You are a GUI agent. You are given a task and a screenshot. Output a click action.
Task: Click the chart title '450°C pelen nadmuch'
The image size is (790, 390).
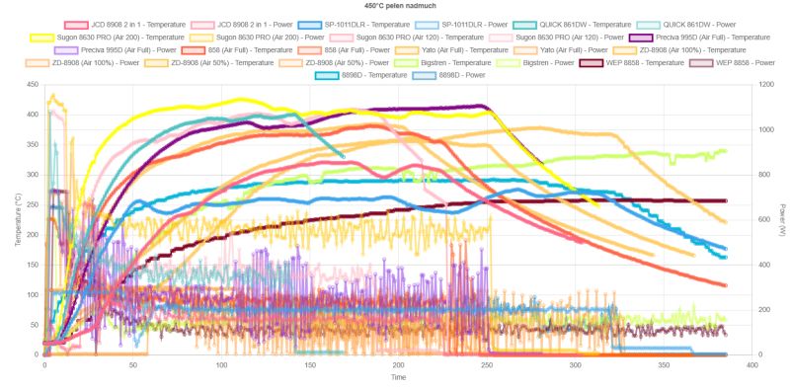point(394,6)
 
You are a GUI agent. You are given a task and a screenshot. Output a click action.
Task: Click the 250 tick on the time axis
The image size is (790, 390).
point(487,364)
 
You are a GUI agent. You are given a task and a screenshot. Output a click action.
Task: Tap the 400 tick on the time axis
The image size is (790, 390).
point(752,364)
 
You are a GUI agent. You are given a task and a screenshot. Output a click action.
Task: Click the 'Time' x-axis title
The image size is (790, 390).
point(397,377)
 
